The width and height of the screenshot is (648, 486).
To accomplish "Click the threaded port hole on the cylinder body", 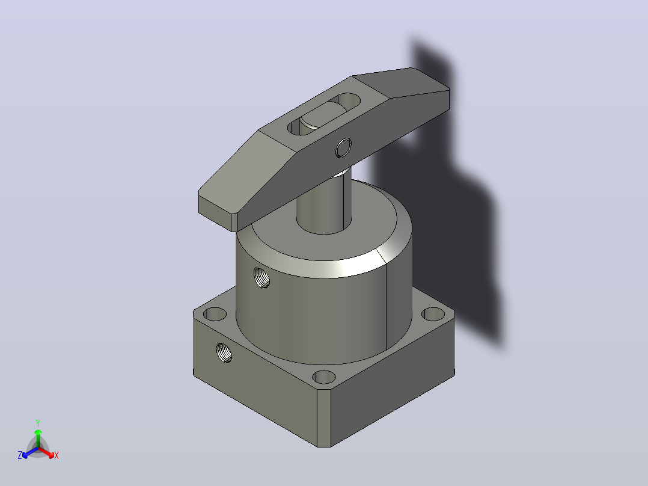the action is (261, 277).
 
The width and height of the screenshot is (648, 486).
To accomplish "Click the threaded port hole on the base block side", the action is (224, 353).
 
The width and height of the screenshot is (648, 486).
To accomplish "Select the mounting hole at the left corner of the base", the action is (215, 315).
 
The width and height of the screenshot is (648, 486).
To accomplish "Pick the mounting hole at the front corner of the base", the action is (324, 377).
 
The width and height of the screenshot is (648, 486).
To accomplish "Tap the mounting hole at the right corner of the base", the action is (433, 315).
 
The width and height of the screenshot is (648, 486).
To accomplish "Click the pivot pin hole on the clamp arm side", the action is (343, 147).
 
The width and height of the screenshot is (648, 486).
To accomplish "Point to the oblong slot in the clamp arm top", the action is (323, 114).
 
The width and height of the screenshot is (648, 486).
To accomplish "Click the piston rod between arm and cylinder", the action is (324, 203).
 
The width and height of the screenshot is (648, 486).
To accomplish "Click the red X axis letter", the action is (57, 455).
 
